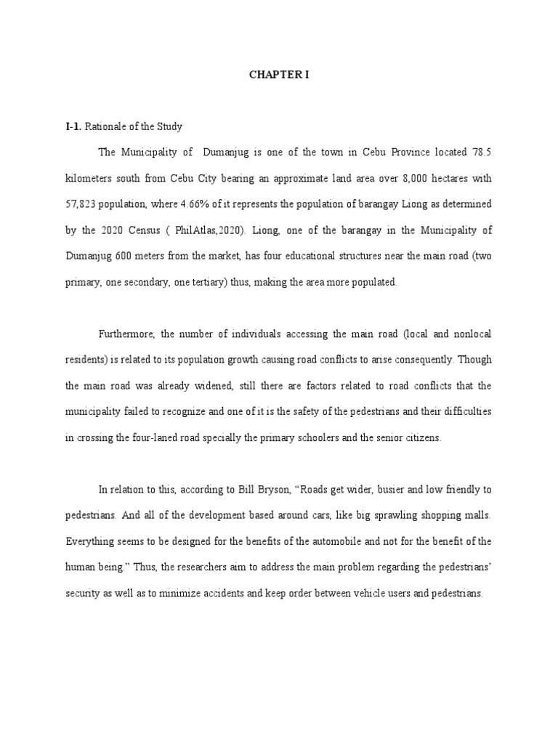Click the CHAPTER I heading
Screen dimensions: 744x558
279,75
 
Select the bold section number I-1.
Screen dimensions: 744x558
73,127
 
